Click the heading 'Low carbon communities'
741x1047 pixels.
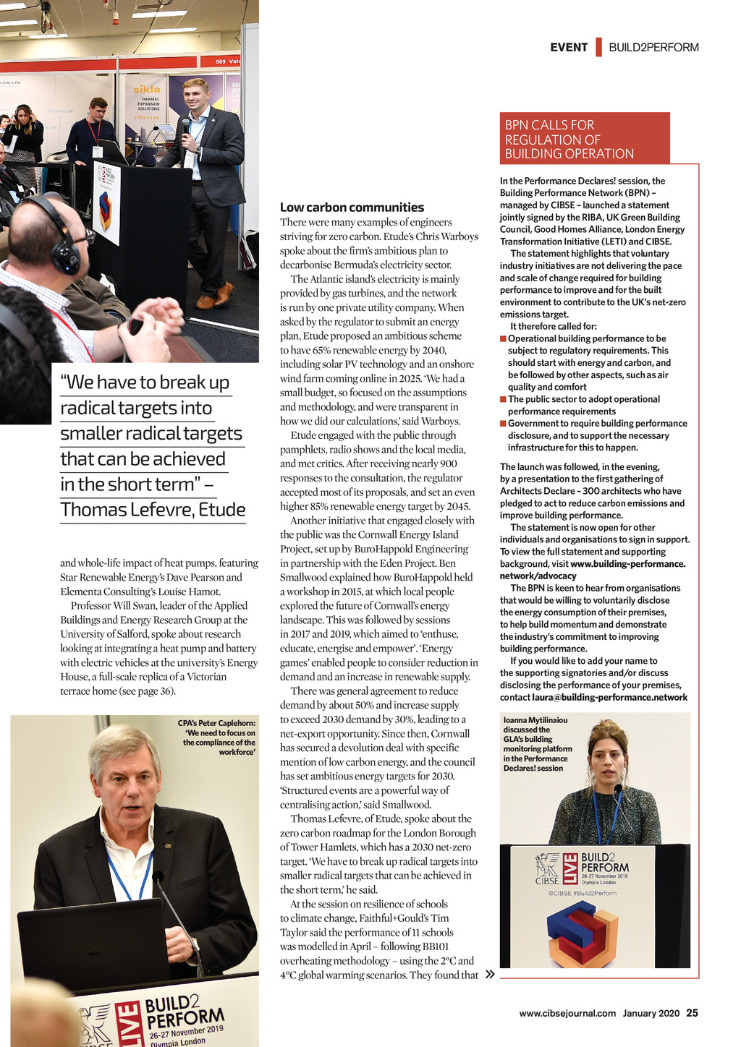pyautogui.click(x=352, y=208)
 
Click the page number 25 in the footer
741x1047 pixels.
pyautogui.click(x=693, y=1013)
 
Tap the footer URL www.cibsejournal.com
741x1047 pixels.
pyautogui.click(x=567, y=1013)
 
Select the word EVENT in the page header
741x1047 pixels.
pyautogui.click(x=569, y=48)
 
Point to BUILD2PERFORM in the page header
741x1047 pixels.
pyautogui.click(x=653, y=48)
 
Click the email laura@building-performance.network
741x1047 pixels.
pyautogui.click(x=609, y=698)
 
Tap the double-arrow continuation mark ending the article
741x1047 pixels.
pyautogui.click(x=490, y=975)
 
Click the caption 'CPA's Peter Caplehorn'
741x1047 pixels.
pyautogui.click(x=217, y=738)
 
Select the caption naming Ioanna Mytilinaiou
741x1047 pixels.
pyautogui.click(x=537, y=744)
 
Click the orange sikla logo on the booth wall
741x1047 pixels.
pyautogui.click(x=147, y=89)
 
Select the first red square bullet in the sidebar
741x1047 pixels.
pyautogui.click(x=503, y=339)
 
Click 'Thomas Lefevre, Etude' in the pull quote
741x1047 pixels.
pyautogui.click(x=153, y=510)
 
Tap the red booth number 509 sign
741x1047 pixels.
pyautogui.click(x=221, y=61)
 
